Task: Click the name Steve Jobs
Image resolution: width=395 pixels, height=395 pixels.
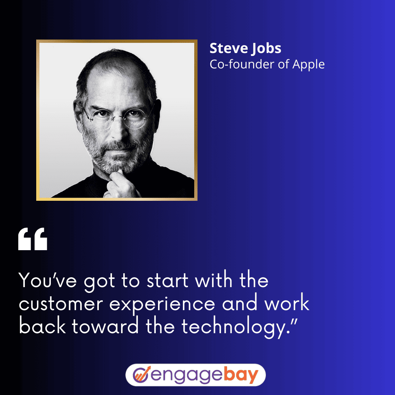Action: [x=245, y=48]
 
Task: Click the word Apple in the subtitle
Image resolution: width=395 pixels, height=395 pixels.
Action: [x=308, y=65]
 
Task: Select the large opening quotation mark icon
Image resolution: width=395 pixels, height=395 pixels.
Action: [x=33, y=239]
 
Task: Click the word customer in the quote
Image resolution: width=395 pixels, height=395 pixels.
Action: [x=61, y=304]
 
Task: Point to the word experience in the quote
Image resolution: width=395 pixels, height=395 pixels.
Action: [x=162, y=305]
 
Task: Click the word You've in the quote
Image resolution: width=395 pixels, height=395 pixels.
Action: [x=48, y=280]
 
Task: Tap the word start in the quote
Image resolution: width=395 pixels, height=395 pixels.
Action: [x=167, y=281]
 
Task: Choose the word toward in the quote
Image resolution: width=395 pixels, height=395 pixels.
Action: [x=105, y=327]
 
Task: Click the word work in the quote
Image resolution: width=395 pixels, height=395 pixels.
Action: [x=287, y=303]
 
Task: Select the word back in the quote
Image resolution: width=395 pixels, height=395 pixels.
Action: [x=42, y=326]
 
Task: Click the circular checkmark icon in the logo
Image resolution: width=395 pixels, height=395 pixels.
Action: [x=142, y=375]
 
